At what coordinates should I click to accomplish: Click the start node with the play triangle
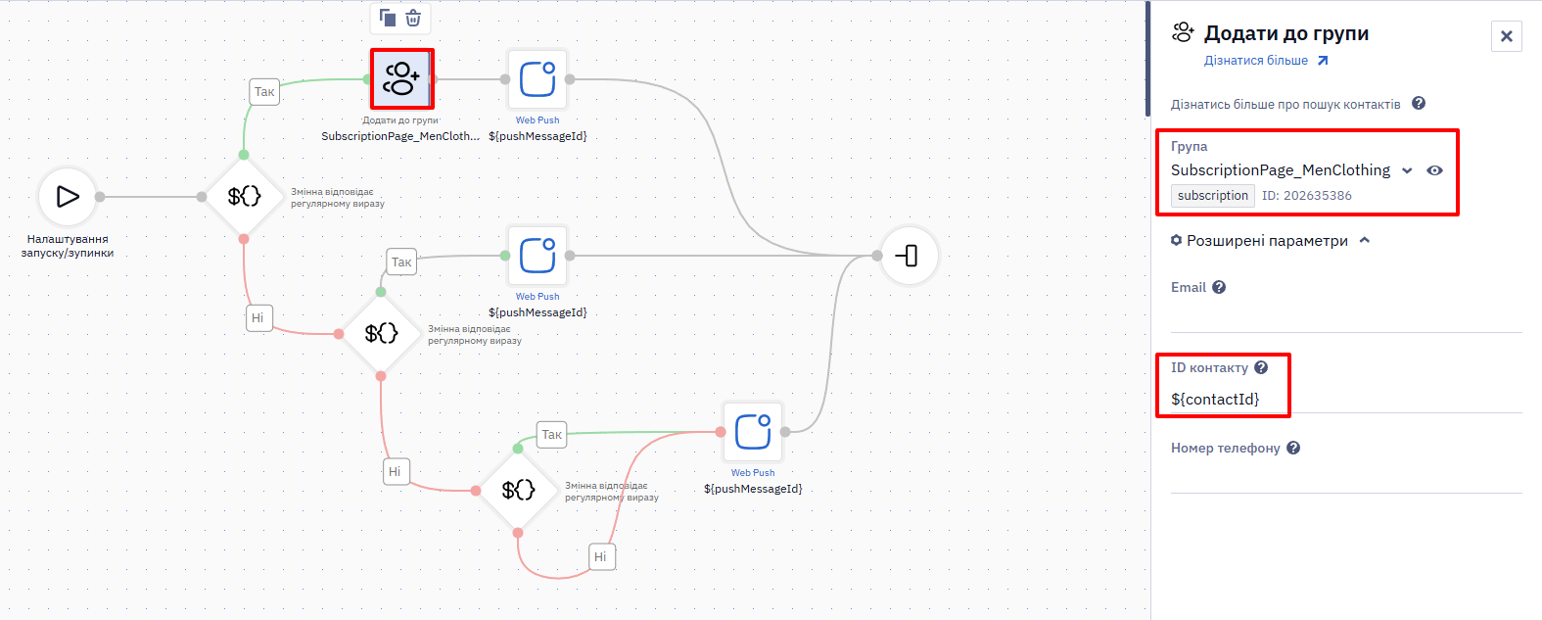[68, 197]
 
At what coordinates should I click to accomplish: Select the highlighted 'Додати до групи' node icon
[402, 78]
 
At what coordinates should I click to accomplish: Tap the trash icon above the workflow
[413, 18]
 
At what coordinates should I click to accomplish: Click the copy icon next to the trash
[388, 18]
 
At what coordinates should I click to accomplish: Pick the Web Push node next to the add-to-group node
[537, 79]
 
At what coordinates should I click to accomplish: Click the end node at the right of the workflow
[909, 256]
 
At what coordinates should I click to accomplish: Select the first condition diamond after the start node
[244, 197]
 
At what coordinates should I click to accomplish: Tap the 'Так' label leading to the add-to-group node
[264, 92]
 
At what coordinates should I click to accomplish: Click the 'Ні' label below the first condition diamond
[257, 318]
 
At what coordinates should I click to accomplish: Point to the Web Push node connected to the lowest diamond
[753, 432]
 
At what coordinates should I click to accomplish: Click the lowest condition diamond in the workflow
[518, 490]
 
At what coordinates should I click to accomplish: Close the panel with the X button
[1506, 36]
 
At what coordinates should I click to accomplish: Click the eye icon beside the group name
[1434, 170]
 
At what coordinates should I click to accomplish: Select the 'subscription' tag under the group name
[1212, 196]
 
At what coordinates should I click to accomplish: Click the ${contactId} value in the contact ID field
[1215, 399]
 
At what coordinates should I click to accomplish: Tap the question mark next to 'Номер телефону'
[1293, 448]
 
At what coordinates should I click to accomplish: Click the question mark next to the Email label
[1219, 287]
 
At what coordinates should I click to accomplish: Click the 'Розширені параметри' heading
[1267, 240]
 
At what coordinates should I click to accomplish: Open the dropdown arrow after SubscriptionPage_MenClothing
[1407, 170]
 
